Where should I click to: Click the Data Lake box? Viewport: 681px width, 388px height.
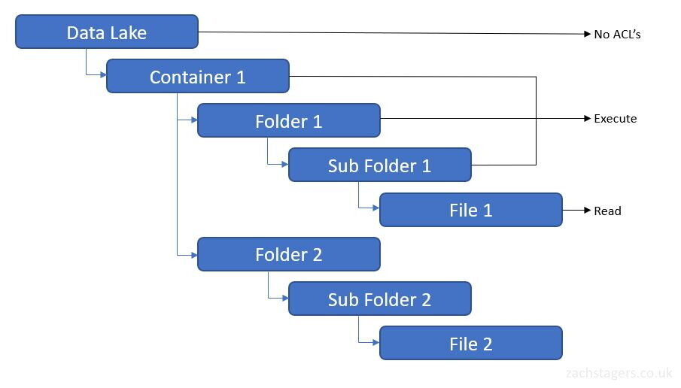pyautogui.click(x=106, y=32)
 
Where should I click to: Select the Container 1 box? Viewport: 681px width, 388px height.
pyautogui.click(x=198, y=77)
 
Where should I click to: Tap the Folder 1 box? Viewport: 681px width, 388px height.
pyautogui.click(x=289, y=121)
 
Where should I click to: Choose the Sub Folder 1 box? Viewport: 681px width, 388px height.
pyautogui.click(x=380, y=165)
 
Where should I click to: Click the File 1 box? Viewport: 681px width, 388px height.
pyautogui.click(x=471, y=210)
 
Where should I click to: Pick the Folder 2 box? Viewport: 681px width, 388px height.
pyautogui.click(x=289, y=254)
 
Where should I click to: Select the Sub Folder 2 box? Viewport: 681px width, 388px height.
pyautogui.click(x=380, y=299)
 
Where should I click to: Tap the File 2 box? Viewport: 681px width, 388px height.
pyautogui.click(x=471, y=344)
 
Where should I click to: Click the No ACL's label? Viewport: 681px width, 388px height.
pyautogui.click(x=617, y=34)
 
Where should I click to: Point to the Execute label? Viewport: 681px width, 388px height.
pyautogui.click(x=615, y=119)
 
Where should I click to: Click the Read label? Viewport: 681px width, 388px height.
pyautogui.click(x=607, y=211)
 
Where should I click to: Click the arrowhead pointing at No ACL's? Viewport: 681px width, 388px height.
pyautogui.click(x=588, y=34)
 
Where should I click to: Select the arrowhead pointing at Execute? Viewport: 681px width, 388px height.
pyautogui.click(x=588, y=119)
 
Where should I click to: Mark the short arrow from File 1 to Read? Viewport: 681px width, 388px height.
pyautogui.click(x=576, y=211)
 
